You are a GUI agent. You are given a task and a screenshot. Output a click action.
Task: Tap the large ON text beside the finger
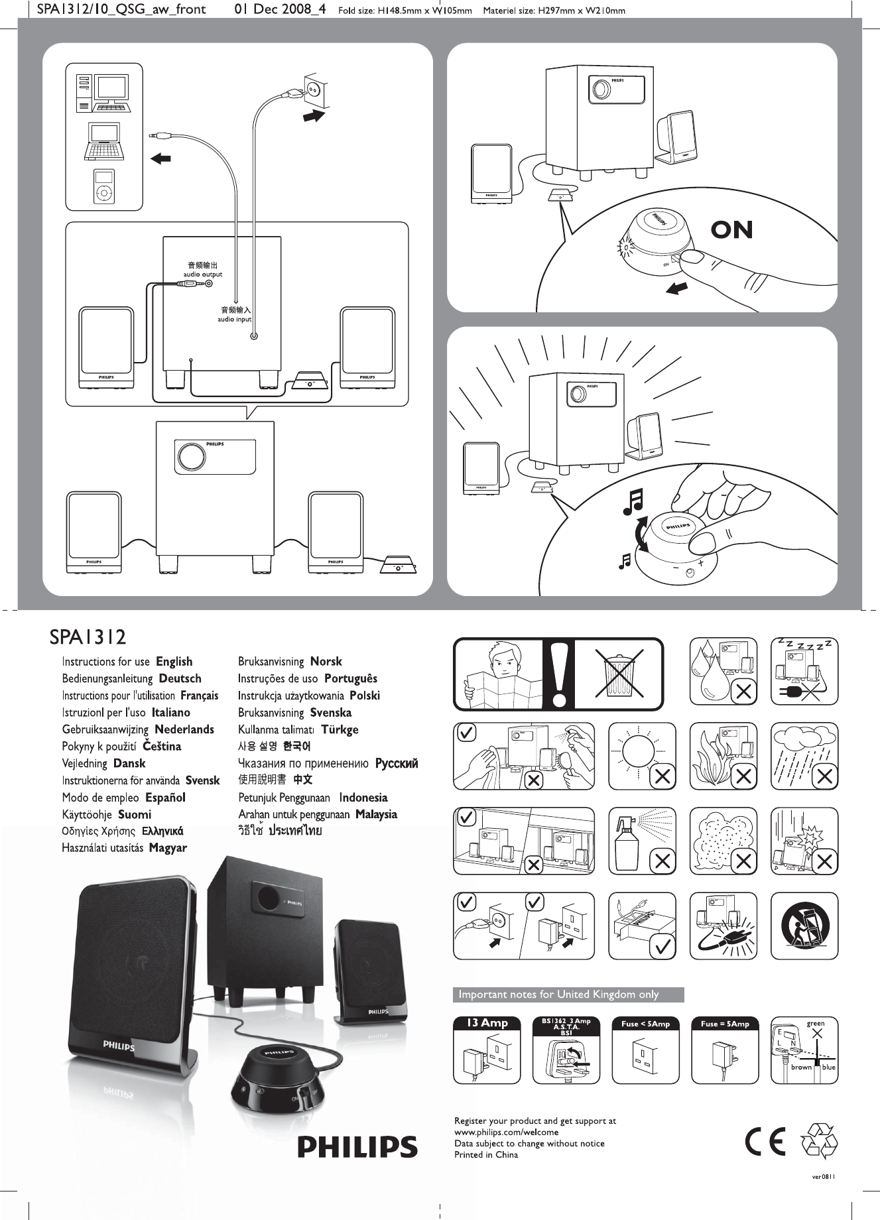coord(732,230)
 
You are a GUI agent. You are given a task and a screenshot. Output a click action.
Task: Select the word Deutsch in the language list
coord(180,678)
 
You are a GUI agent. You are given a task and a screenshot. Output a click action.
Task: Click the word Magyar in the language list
coord(168,848)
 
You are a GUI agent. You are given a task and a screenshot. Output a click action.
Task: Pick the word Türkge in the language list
coord(340,729)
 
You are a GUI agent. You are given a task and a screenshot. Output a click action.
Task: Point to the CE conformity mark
coord(765,1141)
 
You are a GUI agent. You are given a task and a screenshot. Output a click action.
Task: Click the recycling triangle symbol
coord(819,1142)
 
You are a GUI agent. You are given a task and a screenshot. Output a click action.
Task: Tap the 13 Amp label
coord(487,1023)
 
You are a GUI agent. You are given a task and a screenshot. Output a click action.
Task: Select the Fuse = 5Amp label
coord(725,1024)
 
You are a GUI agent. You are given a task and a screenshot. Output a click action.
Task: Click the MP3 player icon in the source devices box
coord(103,187)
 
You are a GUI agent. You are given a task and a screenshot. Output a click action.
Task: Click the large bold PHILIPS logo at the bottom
coord(357,1148)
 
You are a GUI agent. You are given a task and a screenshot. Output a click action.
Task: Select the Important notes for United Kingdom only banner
coord(568,995)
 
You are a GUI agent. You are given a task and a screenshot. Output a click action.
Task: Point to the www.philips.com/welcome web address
coord(506,1132)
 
